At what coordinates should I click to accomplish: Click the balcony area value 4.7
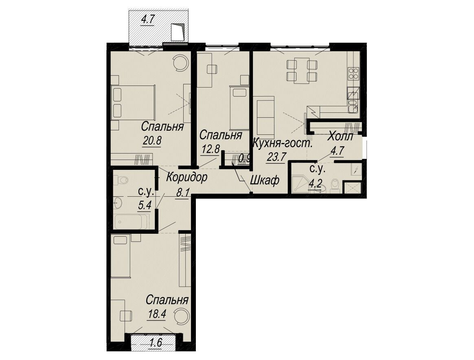(148, 20)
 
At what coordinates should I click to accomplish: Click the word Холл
(340, 136)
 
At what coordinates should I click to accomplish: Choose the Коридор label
(187, 177)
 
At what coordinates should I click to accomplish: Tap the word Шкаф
(265, 180)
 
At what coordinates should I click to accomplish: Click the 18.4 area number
(157, 314)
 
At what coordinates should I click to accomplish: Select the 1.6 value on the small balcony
(156, 343)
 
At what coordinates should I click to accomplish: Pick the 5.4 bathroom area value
(145, 206)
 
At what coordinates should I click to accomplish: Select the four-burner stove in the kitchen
(353, 73)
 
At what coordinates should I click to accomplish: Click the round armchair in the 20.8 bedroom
(181, 63)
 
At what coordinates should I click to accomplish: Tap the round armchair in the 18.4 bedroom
(182, 316)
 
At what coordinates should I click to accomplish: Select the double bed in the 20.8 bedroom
(133, 103)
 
